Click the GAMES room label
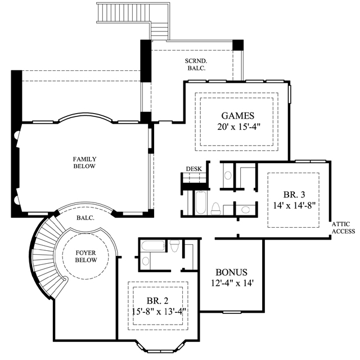[237, 116]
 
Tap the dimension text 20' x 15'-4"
[239, 127]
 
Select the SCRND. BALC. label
[196, 65]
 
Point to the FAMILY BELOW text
[84, 163]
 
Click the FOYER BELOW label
[86, 256]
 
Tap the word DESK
[193, 169]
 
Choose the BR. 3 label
[294, 195]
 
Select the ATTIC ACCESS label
[343, 228]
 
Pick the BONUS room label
[231, 272]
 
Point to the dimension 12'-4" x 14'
[232, 283]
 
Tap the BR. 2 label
[157, 300]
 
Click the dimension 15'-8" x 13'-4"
[159, 312]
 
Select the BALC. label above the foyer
[85, 218]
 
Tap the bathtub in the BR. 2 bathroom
[153, 246]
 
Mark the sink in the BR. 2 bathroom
[145, 261]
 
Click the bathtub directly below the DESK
[201, 202]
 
